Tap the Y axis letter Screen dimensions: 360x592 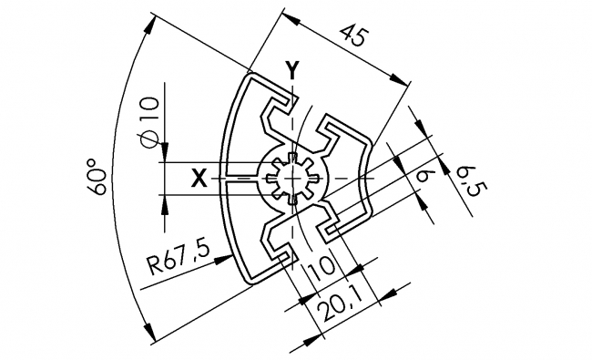pos(291,69)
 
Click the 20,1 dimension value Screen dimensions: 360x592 pos(338,314)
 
